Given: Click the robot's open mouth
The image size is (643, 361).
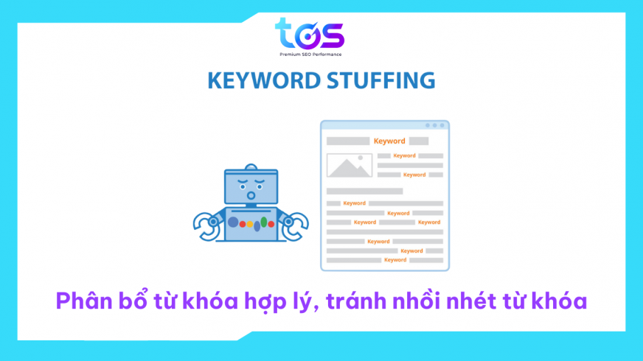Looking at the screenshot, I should click(x=251, y=197).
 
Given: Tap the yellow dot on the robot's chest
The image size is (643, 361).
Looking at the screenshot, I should click(x=249, y=222).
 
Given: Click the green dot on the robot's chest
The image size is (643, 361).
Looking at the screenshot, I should click(x=263, y=222).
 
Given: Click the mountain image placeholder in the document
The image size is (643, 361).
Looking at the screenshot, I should click(x=350, y=165).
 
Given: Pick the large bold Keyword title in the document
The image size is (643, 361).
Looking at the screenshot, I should click(x=389, y=141).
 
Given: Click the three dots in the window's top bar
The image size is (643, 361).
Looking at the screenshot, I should click(x=436, y=125).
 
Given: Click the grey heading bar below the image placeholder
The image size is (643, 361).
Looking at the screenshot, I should click(x=364, y=191).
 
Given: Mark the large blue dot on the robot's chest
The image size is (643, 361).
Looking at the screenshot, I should click(x=234, y=221).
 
